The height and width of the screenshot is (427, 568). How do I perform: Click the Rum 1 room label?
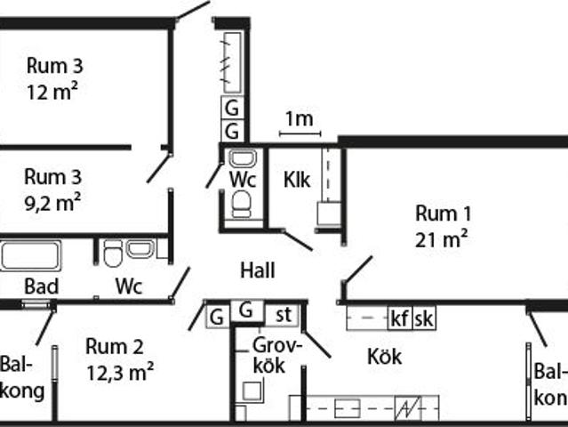(443, 213)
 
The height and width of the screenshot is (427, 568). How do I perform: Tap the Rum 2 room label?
(114, 347)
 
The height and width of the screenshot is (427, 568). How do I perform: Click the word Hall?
(258, 270)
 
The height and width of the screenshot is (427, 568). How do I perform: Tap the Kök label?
(384, 357)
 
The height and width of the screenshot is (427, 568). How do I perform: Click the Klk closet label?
(296, 180)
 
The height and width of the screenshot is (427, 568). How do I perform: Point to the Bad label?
(41, 286)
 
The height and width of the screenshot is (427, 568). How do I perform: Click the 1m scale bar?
(300, 133)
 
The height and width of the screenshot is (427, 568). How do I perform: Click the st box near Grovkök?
(284, 314)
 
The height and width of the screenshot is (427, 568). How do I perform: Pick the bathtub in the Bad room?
(29, 255)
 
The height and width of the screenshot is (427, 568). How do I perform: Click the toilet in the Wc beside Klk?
(242, 205)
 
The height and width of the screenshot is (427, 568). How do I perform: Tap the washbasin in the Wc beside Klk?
(242, 160)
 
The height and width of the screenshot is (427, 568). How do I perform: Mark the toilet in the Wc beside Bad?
(113, 255)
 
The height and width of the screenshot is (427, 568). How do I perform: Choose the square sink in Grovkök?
(252, 391)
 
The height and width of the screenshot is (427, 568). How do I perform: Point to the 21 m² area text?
(442, 238)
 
